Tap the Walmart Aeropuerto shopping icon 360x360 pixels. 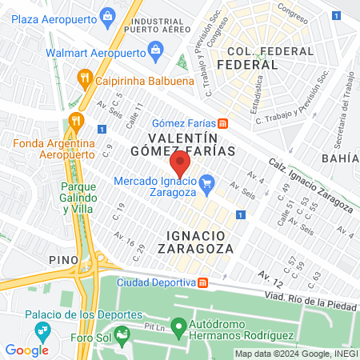click(x=154, y=53)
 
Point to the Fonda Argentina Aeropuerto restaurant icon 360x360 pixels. click(x=77, y=121)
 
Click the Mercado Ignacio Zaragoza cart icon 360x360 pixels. click(x=206, y=183)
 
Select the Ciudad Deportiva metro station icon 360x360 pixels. click(x=203, y=282)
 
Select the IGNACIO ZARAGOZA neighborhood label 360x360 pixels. click(x=200, y=241)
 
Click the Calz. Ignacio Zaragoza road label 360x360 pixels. click(x=309, y=185)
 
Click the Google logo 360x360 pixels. click(x=26, y=350)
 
